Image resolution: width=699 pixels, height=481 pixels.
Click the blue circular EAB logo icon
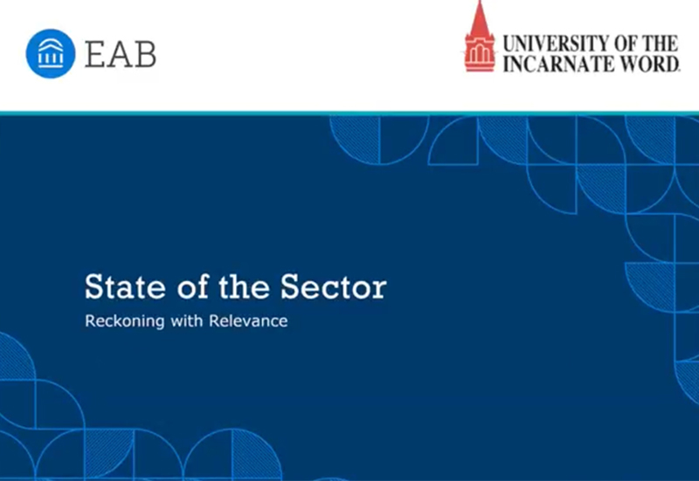click(x=51, y=53)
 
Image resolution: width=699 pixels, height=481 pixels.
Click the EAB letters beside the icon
click(x=121, y=53)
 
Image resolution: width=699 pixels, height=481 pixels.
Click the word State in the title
click(x=121, y=286)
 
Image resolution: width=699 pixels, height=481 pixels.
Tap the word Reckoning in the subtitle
click(x=121, y=321)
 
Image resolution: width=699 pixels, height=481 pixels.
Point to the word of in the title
click(x=189, y=286)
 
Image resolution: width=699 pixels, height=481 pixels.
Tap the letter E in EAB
click(x=95, y=53)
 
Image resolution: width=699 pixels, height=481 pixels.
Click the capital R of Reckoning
click(x=90, y=320)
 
